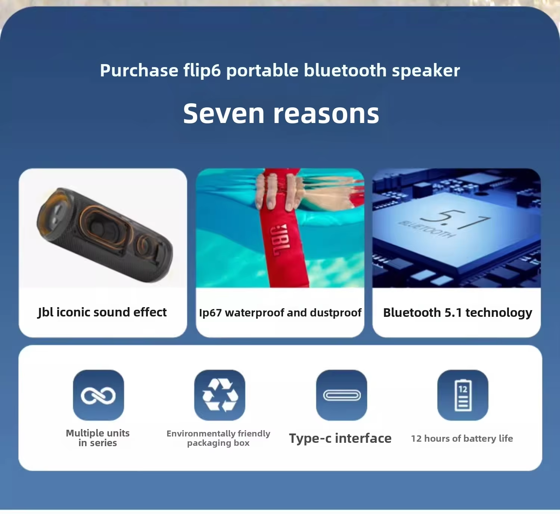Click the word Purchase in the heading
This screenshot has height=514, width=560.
(x=139, y=70)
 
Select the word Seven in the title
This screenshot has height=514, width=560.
(x=224, y=113)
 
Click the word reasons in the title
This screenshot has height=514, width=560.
(x=326, y=114)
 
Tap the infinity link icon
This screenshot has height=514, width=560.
(x=98, y=395)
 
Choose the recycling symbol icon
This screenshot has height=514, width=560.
(x=220, y=395)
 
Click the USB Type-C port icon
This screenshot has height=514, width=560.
(x=342, y=395)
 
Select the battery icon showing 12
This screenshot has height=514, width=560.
(x=463, y=395)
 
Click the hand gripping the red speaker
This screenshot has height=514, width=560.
(x=276, y=192)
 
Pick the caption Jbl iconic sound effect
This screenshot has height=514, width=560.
(x=102, y=312)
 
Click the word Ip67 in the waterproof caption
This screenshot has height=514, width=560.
(x=210, y=313)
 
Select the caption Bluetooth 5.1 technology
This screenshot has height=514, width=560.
(x=458, y=313)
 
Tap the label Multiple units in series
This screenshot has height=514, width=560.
(x=98, y=438)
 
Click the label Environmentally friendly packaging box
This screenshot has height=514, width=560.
(x=218, y=438)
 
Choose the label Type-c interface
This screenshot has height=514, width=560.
(x=340, y=438)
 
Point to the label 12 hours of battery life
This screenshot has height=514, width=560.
(x=462, y=438)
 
